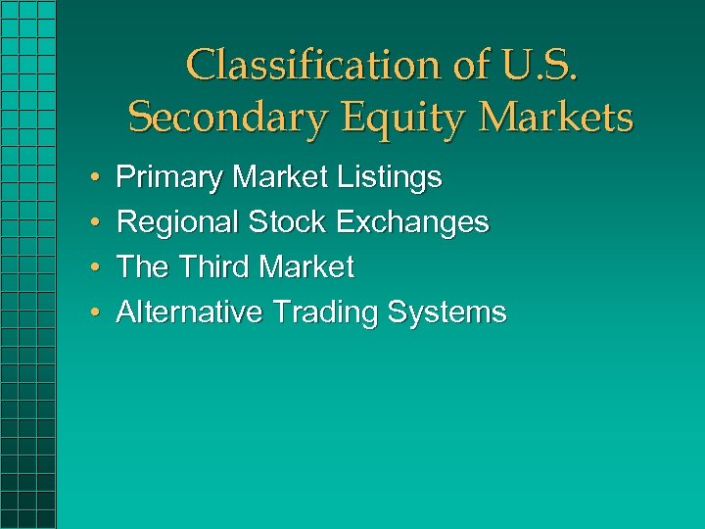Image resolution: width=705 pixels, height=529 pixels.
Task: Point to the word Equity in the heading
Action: pyautogui.click(x=392, y=119)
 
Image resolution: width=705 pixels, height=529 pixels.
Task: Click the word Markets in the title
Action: pyautogui.click(x=554, y=119)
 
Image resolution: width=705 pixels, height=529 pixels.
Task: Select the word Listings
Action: pyautogui.click(x=389, y=178)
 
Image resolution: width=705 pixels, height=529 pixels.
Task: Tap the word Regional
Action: pyautogui.click(x=177, y=222)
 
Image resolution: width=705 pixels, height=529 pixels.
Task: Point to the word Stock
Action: pyautogui.click(x=287, y=222)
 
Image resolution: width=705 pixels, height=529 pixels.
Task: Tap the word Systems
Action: pyautogui.click(x=446, y=313)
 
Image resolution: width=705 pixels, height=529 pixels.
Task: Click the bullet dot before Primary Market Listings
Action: pyautogui.click(x=91, y=179)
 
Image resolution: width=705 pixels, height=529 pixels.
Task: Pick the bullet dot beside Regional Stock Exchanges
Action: pyautogui.click(x=91, y=223)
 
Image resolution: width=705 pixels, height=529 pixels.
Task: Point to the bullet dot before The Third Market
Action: pyautogui.click(x=91, y=267)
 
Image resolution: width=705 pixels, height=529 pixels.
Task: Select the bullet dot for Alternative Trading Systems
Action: pyautogui.click(x=91, y=313)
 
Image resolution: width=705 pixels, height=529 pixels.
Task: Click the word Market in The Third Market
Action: pyautogui.click(x=307, y=266)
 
